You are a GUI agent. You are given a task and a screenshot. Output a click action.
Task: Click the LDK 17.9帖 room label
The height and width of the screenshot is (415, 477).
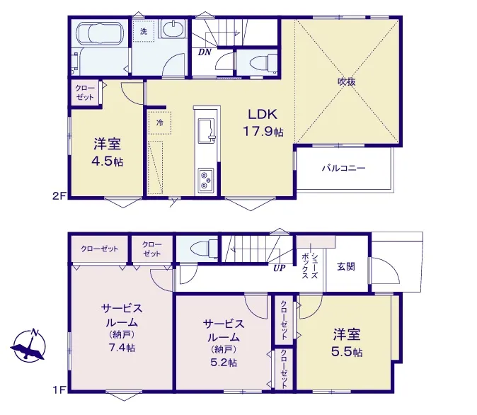(x=263, y=123)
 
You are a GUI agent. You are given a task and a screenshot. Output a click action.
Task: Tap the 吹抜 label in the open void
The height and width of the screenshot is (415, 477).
(x=347, y=81)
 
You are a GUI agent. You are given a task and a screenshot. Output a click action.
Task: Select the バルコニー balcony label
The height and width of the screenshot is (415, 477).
(x=344, y=168)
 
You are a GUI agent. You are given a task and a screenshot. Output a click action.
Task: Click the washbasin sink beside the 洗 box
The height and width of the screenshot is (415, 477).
(x=172, y=30)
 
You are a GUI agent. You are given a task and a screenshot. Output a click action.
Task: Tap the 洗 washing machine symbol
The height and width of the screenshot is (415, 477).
(x=144, y=31)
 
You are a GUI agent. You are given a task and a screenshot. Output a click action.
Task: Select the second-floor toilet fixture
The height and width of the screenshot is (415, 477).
(x=263, y=64)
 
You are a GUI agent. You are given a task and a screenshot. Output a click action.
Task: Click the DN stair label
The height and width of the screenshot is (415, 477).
(x=205, y=52)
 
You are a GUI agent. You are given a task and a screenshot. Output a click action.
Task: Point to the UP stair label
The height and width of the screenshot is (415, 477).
(x=279, y=268)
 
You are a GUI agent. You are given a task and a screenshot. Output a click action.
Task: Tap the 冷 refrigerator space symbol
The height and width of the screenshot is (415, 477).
(x=160, y=123)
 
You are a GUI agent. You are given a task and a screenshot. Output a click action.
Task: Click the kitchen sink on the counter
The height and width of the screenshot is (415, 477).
(x=207, y=130)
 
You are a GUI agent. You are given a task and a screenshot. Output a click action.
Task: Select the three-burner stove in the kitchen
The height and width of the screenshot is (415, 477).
(x=206, y=181)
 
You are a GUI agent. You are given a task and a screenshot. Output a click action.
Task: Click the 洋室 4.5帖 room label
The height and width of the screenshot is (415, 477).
(x=108, y=152)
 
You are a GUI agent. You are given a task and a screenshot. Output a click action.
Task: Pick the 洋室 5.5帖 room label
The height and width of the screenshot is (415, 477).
(x=347, y=343)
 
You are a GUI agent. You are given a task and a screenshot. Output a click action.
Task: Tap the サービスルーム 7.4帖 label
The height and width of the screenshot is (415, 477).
(x=122, y=328)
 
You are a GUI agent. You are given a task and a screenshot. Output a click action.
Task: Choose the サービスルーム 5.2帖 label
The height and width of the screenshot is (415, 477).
(x=224, y=343)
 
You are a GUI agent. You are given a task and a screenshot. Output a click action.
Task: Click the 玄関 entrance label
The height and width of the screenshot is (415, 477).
(x=346, y=267)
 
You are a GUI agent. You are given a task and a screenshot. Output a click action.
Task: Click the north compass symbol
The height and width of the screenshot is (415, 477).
(x=30, y=346)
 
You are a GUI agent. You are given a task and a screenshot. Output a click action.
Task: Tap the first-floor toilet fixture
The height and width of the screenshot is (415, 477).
(x=205, y=249)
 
